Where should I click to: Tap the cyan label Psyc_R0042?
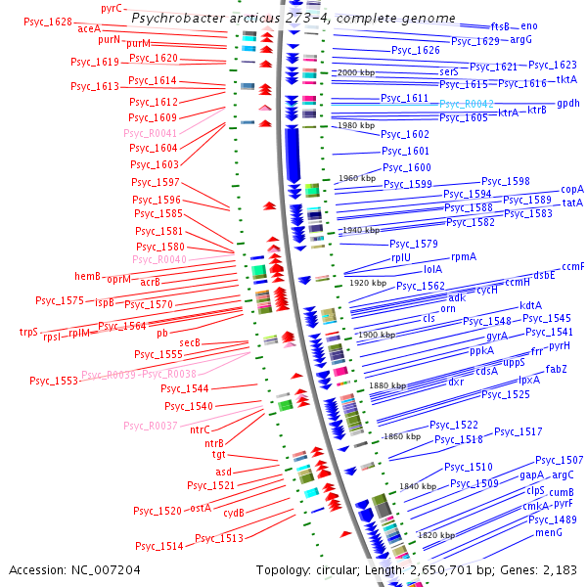point(466,103)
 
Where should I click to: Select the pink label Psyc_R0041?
point(151,132)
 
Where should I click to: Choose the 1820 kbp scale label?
point(437,535)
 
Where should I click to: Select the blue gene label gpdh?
point(568,103)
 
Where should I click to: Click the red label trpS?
point(28,332)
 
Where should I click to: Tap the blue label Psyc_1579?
point(413,244)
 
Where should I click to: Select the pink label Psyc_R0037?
point(151,426)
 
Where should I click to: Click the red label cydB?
point(233,512)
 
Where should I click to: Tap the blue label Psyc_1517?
point(518,431)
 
